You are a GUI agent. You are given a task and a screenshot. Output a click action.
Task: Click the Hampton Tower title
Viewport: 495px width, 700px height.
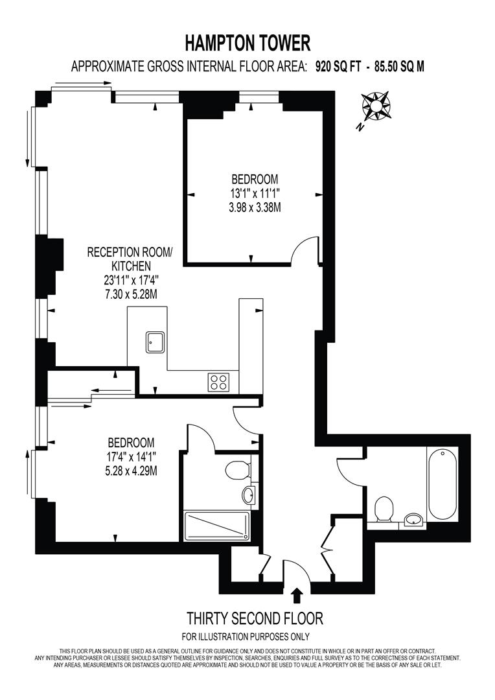click(247, 44)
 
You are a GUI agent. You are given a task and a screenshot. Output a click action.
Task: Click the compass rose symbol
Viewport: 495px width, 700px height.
click(376, 106)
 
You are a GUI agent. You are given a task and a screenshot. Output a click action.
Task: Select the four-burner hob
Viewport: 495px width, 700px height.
click(219, 382)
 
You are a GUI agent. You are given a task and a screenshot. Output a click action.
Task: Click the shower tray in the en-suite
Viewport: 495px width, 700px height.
click(217, 527)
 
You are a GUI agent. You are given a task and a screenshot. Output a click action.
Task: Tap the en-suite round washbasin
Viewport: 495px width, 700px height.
click(249, 495)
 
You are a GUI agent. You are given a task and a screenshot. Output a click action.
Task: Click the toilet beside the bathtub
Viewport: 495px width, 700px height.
click(384, 509)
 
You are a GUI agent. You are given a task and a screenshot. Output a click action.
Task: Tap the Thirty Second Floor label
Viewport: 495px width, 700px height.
click(255, 619)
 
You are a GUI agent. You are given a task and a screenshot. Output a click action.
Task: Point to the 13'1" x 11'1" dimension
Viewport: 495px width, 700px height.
click(255, 193)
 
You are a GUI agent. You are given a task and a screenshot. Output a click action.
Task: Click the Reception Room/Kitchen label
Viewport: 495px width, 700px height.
click(129, 259)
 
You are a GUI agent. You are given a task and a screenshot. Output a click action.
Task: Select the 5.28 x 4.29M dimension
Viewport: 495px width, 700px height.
click(132, 471)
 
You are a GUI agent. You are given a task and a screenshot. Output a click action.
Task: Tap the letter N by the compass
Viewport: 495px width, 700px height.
click(360, 128)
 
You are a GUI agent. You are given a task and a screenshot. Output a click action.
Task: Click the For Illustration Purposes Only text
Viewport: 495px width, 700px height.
click(246, 636)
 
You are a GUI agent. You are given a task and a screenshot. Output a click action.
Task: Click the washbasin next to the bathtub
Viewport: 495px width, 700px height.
click(414, 520)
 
